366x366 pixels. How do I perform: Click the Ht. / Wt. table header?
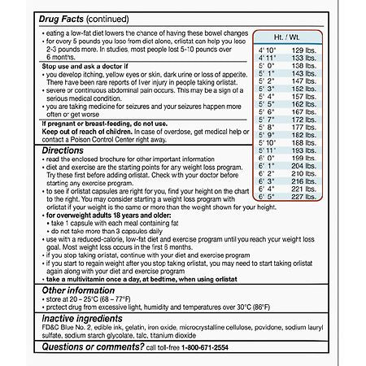tap(293, 37)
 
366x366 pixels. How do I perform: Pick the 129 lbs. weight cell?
tap(303, 50)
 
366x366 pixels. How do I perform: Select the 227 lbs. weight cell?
tap(303, 195)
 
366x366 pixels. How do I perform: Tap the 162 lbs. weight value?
tap(303, 105)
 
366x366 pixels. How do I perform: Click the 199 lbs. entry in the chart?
tap(303, 157)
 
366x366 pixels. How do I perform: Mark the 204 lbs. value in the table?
tap(303, 165)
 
